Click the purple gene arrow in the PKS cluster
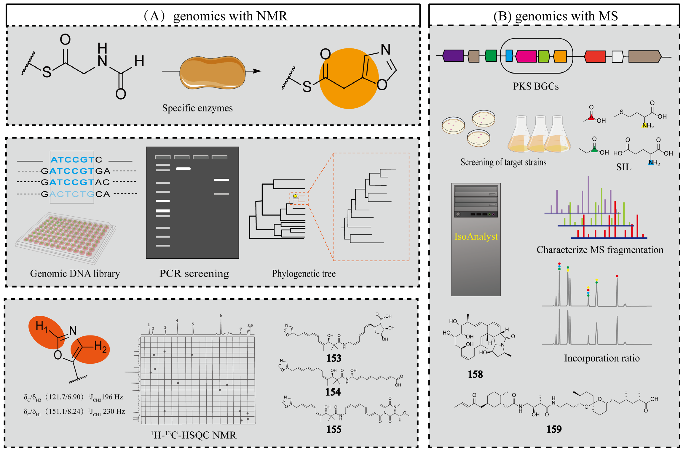click(453, 56)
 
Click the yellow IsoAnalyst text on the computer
click(476, 236)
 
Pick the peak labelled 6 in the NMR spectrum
click(221, 326)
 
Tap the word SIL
click(624, 167)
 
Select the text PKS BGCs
click(536, 86)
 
